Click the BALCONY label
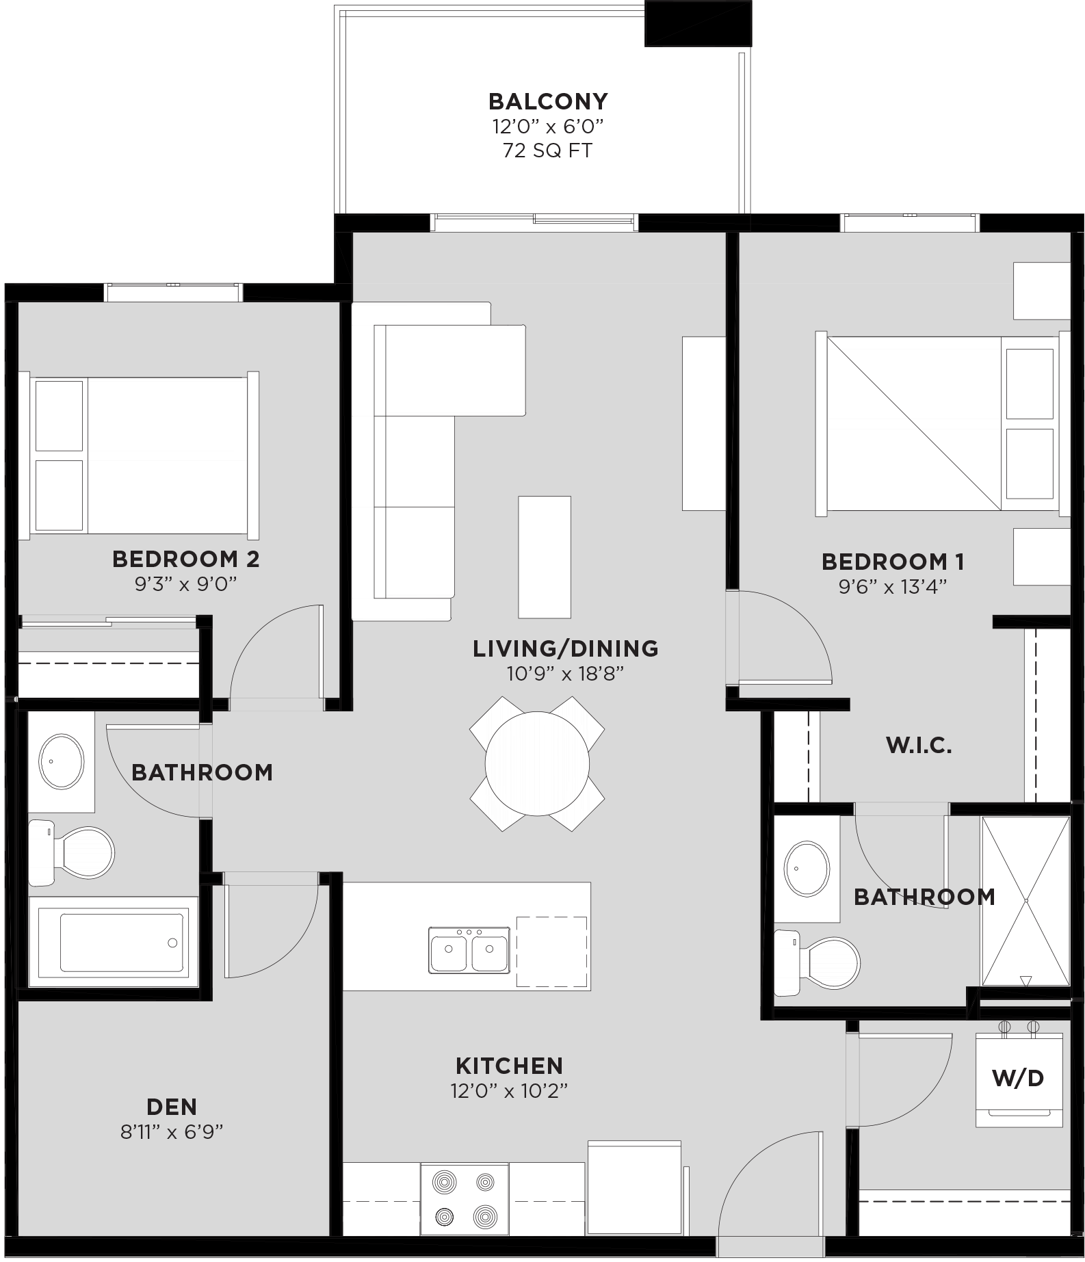click(x=548, y=101)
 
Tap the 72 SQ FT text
click(x=547, y=150)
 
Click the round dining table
click(x=537, y=763)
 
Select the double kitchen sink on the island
click(x=469, y=950)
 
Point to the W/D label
click(x=1018, y=1079)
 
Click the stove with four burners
click(x=465, y=1199)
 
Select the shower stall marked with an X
click(x=1025, y=901)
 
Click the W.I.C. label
click(x=919, y=746)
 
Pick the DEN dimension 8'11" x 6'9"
click(x=172, y=1132)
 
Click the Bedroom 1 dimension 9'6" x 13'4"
click(x=892, y=587)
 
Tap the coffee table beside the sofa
click(x=545, y=557)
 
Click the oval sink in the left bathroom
click(x=62, y=761)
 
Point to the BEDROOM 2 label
click(x=185, y=559)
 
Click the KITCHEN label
click(x=509, y=1066)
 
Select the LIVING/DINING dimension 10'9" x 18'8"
click(x=565, y=674)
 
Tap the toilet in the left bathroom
click(x=75, y=852)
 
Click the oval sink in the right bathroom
click(x=807, y=869)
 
